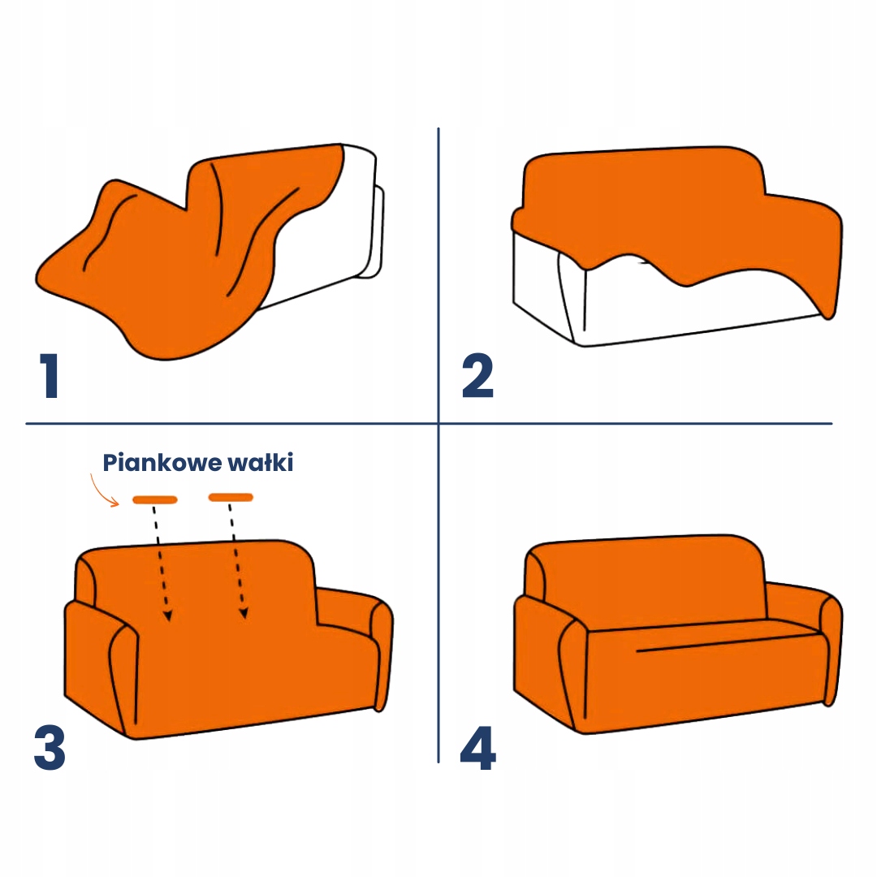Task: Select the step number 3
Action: [x=50, y=748]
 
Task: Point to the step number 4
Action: [x=477, y=748]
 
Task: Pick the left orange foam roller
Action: [x=155, y=499]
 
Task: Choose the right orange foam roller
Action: [x=231, y=497]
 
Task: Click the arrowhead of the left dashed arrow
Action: [x=168, y=616]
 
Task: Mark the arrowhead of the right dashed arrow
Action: [x=244, y=613]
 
